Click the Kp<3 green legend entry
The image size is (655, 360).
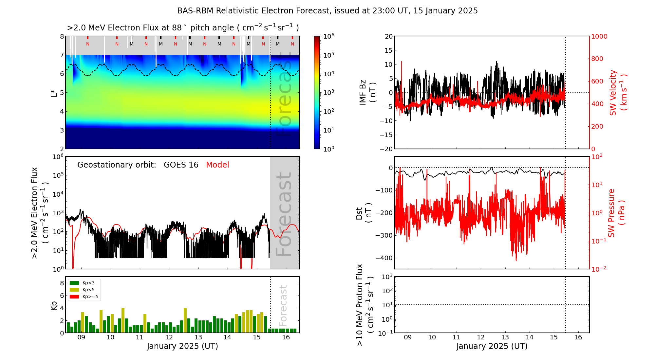(x=84, y=283)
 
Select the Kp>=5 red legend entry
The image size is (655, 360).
(x=84, y=297)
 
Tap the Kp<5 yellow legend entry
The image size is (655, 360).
(x=84, y=290)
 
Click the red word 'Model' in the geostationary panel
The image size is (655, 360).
(x=217, y=165)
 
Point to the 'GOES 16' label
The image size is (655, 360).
(x=181, y=165)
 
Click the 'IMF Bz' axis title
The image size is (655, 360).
(x=366, y=92)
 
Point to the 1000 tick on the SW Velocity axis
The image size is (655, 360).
(x=599, y=36)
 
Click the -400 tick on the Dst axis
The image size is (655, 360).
(x=385, y=258)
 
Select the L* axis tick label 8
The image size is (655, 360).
(x=62, y=36)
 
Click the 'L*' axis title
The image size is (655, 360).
(x=54, y=92)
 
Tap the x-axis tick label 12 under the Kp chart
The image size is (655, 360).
(x=169, y=337)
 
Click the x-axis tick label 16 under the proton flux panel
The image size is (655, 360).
(x=578, y=337)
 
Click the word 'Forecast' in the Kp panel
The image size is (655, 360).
(x=283, y=305)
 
